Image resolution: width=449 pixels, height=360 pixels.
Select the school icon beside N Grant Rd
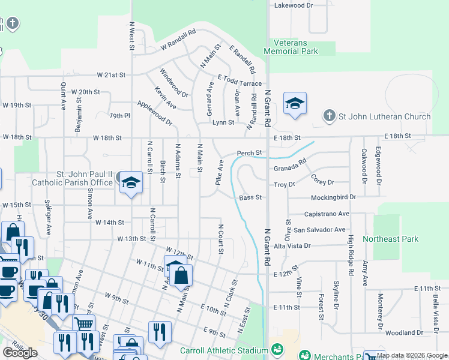point(295,104)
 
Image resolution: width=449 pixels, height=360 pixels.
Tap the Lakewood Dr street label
point(294,5)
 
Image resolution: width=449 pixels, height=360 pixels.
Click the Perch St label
point(250,153)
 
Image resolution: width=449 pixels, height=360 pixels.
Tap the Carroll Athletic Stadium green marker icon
point(277,349)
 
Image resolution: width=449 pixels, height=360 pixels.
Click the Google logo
point(20,353)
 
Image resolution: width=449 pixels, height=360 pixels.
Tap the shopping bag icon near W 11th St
point(181,275)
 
